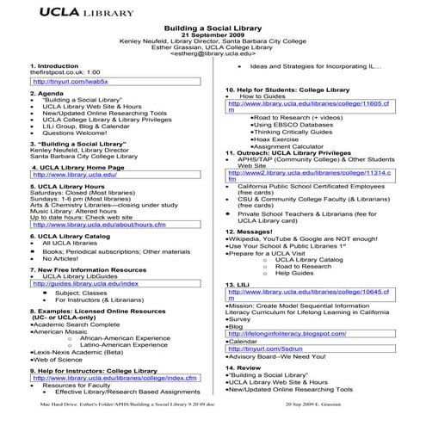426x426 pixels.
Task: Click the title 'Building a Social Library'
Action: [212, 28]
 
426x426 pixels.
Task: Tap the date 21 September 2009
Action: [212, 35]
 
